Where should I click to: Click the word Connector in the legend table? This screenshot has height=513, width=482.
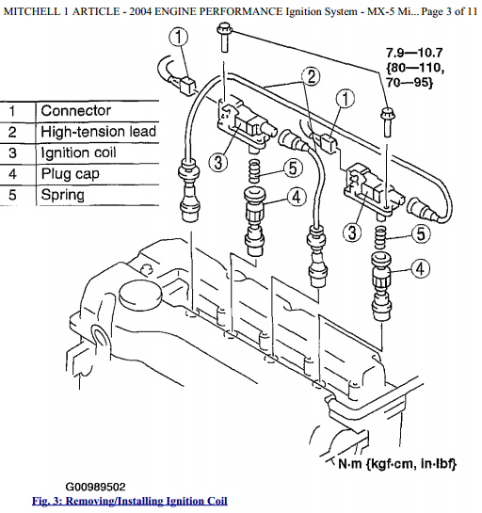click(75, 111)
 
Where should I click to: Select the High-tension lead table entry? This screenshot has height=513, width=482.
click(98, 132)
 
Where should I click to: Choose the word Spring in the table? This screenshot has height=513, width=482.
click(63, 196)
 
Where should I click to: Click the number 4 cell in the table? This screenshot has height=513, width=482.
click(12, 174)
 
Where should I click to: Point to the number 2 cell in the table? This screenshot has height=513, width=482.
click(12, 132)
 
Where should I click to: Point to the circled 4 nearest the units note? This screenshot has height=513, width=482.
click(418, 268)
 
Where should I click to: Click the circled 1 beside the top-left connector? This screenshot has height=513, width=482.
click(180, 39)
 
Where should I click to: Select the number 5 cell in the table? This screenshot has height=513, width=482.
click(12, 196)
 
